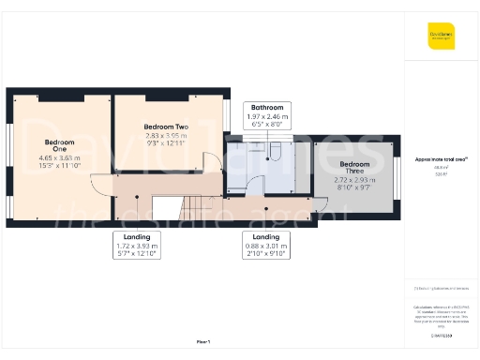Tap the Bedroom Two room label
tap(166, 126)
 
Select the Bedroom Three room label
tap(354, 167)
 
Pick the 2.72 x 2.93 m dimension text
tap(354, 178)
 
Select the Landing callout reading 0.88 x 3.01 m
tap(260, 245)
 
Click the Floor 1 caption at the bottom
tap(202, 341)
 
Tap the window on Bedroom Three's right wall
tap(395, 171)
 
